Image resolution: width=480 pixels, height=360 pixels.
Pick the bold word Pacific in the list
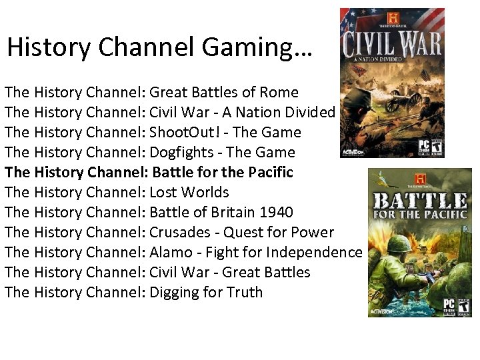point(270,173)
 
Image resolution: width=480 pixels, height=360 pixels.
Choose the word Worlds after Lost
point(207,193)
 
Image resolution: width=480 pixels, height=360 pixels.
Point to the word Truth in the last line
point(245,293)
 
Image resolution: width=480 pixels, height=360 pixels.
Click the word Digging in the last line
point(175,293)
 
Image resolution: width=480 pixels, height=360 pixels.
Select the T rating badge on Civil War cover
point(437,146)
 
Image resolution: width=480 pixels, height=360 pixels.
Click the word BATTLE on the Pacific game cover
point(419,199)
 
